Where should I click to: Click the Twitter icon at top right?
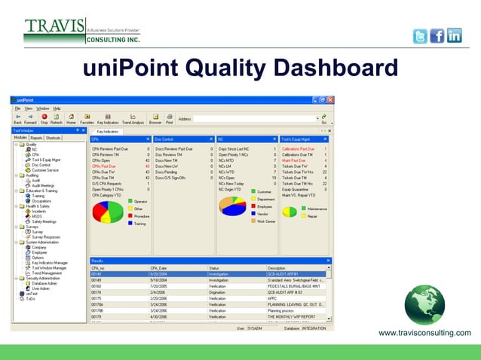pos(420,35)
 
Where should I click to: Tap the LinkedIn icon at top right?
pos(454,35)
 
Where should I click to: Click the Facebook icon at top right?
pos(437,35)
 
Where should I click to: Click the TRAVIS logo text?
pos(54,27)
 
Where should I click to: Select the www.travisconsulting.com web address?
pos(424,333)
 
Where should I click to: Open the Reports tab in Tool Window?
pos(36,139)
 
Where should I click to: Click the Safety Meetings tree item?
pos(44,221)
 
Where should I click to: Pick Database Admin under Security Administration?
pos(45,282)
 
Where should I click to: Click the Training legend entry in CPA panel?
pos(140,223)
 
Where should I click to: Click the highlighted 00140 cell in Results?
pos(97,274)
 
